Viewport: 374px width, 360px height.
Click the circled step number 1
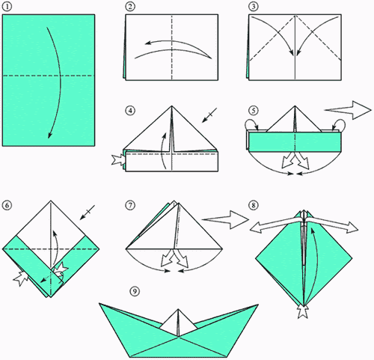click(7, 7)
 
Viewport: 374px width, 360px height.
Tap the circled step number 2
click(130, 7)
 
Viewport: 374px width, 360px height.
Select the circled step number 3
click(253, 7)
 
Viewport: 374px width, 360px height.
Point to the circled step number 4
click(130, 111)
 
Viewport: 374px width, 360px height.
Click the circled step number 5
click(253, 111)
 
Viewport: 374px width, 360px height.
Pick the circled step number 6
click(7, 205)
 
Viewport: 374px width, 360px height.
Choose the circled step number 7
click(130, 205)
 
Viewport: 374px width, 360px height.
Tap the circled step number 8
click(253, 205)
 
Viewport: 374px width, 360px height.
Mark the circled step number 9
click(135, 291)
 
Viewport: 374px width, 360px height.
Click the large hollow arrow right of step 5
click(349, 110)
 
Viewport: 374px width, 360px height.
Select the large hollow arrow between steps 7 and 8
click(226, 219)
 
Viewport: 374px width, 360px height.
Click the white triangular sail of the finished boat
click(178, 323)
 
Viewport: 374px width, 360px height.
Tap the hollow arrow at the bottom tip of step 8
click(304, 312)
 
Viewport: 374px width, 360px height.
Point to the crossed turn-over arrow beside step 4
click(209, 115)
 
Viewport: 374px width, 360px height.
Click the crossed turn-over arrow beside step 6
click(88, 213)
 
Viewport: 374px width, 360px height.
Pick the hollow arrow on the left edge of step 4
click(118, 160)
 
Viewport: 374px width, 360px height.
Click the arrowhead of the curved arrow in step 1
click(49, 135)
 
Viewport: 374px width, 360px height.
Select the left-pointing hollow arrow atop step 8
click(275, 224)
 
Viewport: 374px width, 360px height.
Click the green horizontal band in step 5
click(295, 141)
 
